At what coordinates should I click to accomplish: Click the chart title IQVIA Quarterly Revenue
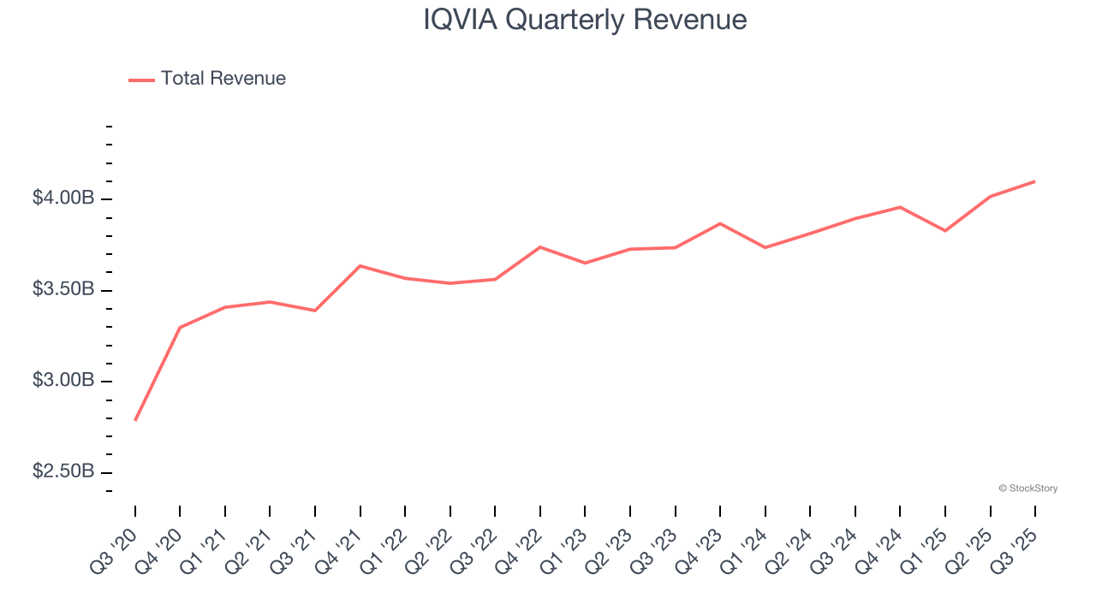click(x=585, y=20)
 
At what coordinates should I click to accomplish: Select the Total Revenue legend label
click(x=223, y=79)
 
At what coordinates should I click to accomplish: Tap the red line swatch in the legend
click(x=141, y=80)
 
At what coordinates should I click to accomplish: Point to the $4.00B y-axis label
click(x=63, y=198)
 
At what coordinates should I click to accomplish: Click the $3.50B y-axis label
click(x=63, y=290)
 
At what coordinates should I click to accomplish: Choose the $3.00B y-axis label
click(x=63, y=381)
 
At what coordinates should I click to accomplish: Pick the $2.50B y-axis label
click(x=63, y=472)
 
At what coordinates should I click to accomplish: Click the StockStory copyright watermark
click(x=1027, y=489)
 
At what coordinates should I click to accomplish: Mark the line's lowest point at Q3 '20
click(x=135, y=420)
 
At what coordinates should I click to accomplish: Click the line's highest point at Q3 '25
click(x=1035, y=181)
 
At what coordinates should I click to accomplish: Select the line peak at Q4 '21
click(x=360, y=266)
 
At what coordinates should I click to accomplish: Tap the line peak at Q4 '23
click(x=720, y=223)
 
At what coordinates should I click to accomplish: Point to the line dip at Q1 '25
click(x=945, y=231)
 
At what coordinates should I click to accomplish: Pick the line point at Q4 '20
click(x=180, y=328)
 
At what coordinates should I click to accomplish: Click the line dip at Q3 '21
click(x=315, y=311)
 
